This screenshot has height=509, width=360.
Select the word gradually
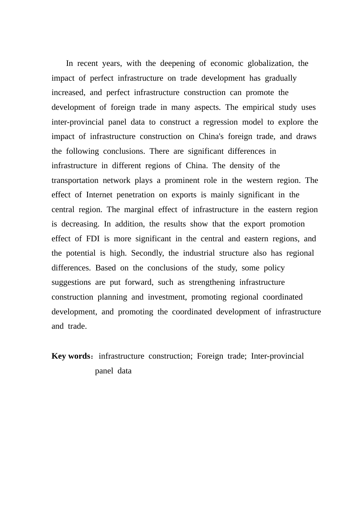coord(280,78)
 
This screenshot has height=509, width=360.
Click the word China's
coord(211,137)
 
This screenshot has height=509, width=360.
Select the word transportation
coord(75,181)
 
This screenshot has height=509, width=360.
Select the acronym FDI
coord(93,239)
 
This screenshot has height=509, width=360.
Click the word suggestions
coord(71,283)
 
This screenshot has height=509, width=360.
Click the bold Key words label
coord(71,356)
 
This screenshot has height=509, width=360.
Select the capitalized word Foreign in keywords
coord(210,356)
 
